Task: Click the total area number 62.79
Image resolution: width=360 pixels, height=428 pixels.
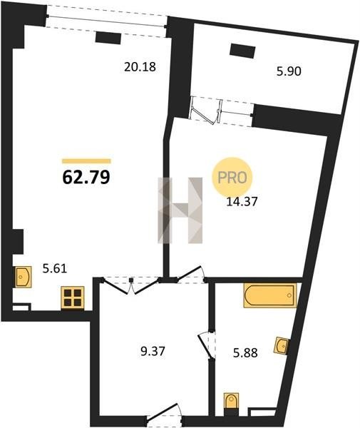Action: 86,177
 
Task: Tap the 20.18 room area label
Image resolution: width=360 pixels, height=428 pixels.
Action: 140,67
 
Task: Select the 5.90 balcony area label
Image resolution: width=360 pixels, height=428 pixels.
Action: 289,71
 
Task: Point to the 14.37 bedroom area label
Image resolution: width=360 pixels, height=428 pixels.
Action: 242,202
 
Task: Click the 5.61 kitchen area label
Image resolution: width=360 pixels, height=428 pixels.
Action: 55,269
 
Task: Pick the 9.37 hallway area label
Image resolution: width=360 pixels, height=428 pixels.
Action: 153,351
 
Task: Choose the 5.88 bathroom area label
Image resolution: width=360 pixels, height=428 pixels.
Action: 245,353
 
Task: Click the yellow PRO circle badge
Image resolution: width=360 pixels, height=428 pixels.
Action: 232,178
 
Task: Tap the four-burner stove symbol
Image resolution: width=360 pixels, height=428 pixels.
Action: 73,297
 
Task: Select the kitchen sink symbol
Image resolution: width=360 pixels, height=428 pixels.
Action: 24,277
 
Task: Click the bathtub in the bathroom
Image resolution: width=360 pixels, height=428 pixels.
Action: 270,295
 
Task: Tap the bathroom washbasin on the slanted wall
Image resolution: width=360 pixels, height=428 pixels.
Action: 282,346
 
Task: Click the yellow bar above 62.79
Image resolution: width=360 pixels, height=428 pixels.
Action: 86,161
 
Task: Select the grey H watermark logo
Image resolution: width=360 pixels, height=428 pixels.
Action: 180,210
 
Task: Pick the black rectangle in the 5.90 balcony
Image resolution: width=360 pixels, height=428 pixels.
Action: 242,51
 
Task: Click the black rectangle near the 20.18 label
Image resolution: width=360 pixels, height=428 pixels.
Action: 108,38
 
